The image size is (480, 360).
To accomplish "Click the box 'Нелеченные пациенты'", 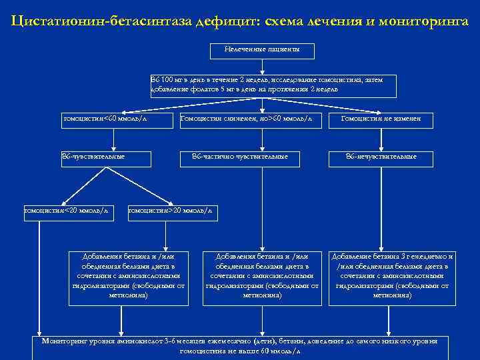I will coord(262,51).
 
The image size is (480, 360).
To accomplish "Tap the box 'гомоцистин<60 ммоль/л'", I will coord(114,119).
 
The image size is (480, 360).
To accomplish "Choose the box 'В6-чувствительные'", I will coord(93,157).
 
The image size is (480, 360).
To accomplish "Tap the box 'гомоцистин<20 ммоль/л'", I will coord(66,211).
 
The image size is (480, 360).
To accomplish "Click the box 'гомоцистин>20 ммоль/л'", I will coord(171,211).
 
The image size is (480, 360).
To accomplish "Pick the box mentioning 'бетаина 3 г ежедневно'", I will coord(392,276).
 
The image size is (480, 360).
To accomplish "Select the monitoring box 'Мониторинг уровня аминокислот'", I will coord(240,345).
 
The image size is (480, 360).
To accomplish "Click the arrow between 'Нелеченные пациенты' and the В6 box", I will coord(262,66).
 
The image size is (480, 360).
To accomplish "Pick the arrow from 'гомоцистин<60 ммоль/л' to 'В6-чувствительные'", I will coord(114,138).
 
